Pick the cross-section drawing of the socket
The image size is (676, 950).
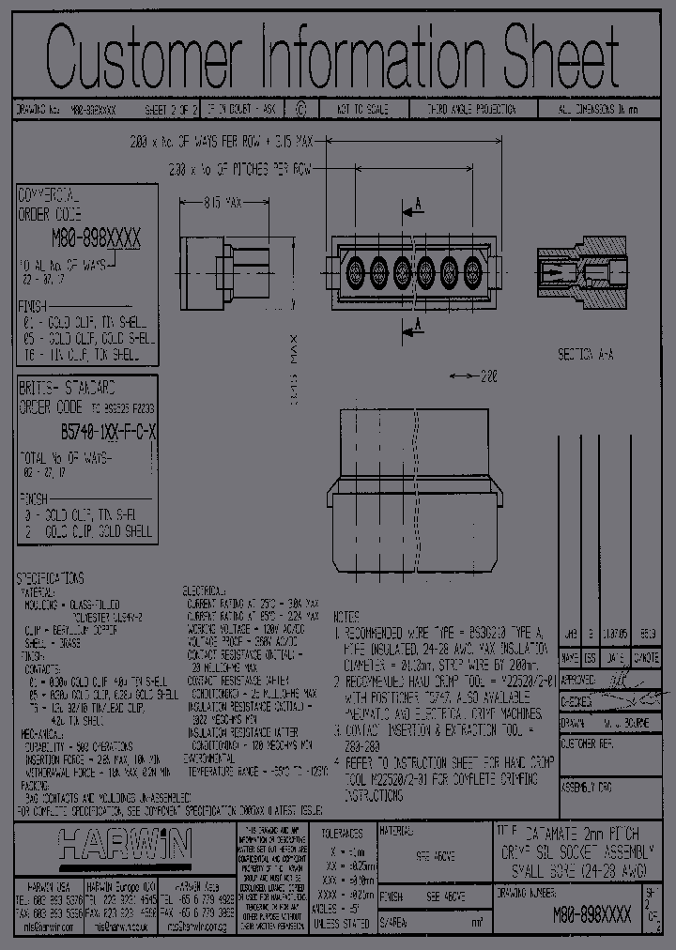click(579, 272)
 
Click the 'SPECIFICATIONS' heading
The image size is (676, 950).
click(51, 578)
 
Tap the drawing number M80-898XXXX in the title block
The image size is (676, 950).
click(591, 914)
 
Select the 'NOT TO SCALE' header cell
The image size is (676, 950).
click(352, 110)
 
